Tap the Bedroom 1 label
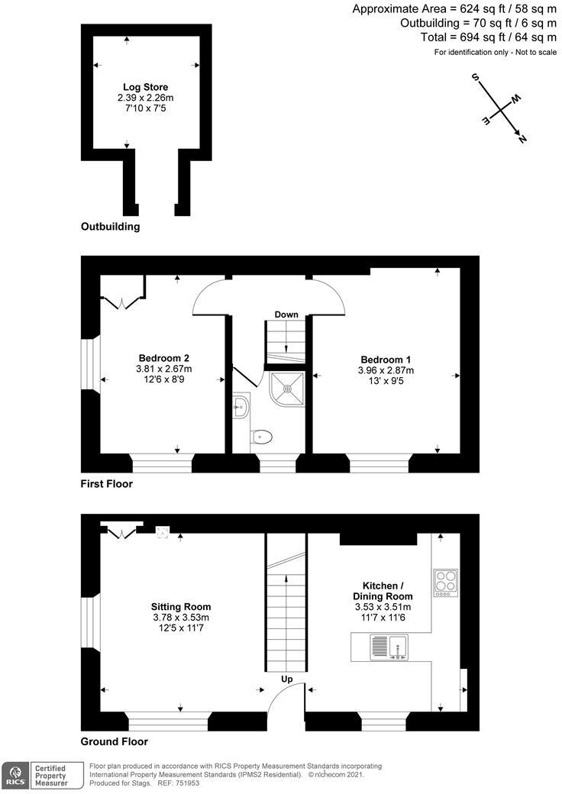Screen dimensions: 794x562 380,359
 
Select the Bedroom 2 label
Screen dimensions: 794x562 163,358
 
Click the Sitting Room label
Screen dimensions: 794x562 180,607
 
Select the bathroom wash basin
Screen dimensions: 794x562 241,407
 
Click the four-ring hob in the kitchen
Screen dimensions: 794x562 444,582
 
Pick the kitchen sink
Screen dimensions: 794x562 389,648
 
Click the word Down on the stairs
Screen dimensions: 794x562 286,315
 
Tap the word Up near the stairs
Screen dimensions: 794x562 286,678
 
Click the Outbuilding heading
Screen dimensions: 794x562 110,227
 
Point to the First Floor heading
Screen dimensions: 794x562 106,484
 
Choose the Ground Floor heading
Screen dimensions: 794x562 114,741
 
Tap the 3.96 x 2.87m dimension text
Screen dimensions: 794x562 380,370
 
